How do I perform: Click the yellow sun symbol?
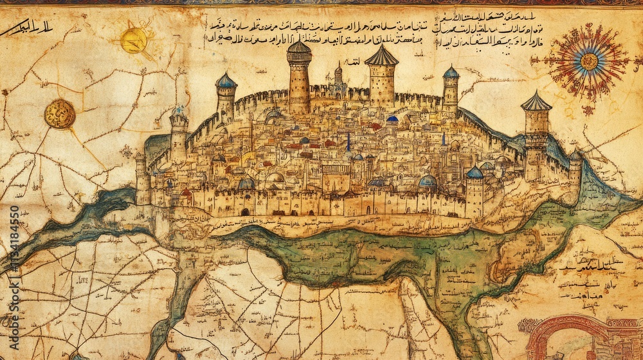tap(134, 40)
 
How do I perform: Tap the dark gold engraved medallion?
tap(60, 114)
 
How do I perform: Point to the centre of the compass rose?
tap(589, 61)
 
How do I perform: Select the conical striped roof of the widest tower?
tap(381, 57)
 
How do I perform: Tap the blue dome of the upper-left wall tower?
tap(226, 81)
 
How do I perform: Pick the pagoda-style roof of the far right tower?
tap(536, 102)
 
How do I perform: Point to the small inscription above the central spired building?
tap(353, 62)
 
